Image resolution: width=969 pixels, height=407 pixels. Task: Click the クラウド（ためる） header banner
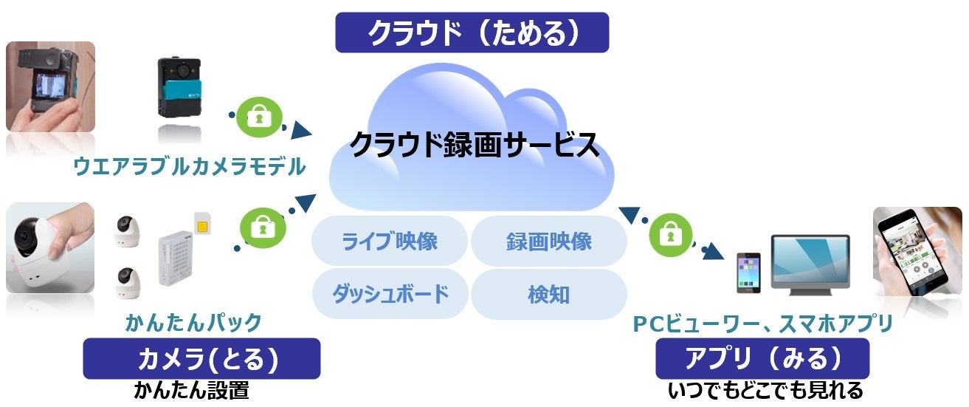pos(472,33)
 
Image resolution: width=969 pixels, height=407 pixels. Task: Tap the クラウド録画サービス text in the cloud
pos(473,145)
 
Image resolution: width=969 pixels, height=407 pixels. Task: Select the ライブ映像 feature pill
pos(390,241)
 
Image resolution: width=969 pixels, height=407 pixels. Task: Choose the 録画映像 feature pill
pos(549,241)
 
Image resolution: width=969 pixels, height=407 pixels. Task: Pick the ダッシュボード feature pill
pos(390,293)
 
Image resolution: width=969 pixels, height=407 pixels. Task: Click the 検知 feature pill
pos(549,293)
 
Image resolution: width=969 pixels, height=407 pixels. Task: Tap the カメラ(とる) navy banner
pos(201,358)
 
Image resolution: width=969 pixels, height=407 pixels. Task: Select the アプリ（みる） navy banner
pos(762,358)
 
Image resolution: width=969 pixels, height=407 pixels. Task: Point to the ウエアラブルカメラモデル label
pos(189,168)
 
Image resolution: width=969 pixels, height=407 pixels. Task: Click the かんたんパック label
pos(194,322)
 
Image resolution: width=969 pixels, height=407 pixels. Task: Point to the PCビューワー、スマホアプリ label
pos(763,323)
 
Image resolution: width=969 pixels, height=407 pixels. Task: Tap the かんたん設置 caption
pos(191,390)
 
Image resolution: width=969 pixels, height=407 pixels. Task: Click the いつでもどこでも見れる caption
pos(765,390)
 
